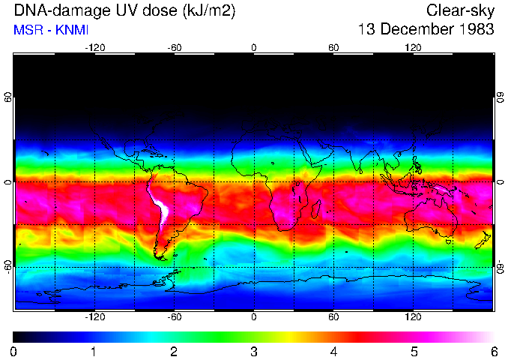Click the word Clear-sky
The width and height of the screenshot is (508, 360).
click(x=460, y=10)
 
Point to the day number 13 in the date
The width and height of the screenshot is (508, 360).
click(x=367, y=30)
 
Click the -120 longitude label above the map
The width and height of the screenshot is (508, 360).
click(x=94, y=47)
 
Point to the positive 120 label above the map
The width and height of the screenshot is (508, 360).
click(x=414, y=47)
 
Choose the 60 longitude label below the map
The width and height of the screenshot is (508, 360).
click(x=333, y=317)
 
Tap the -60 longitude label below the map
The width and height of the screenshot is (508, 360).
click(x=174, y=317)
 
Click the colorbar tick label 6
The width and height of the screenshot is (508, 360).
click(x=494, y=351)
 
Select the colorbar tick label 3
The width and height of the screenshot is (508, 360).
click(x=253, y=351)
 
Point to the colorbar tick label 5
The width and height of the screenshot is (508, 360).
click(x=414, y=351)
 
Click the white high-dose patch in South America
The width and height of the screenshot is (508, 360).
click(x=160, y=206)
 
